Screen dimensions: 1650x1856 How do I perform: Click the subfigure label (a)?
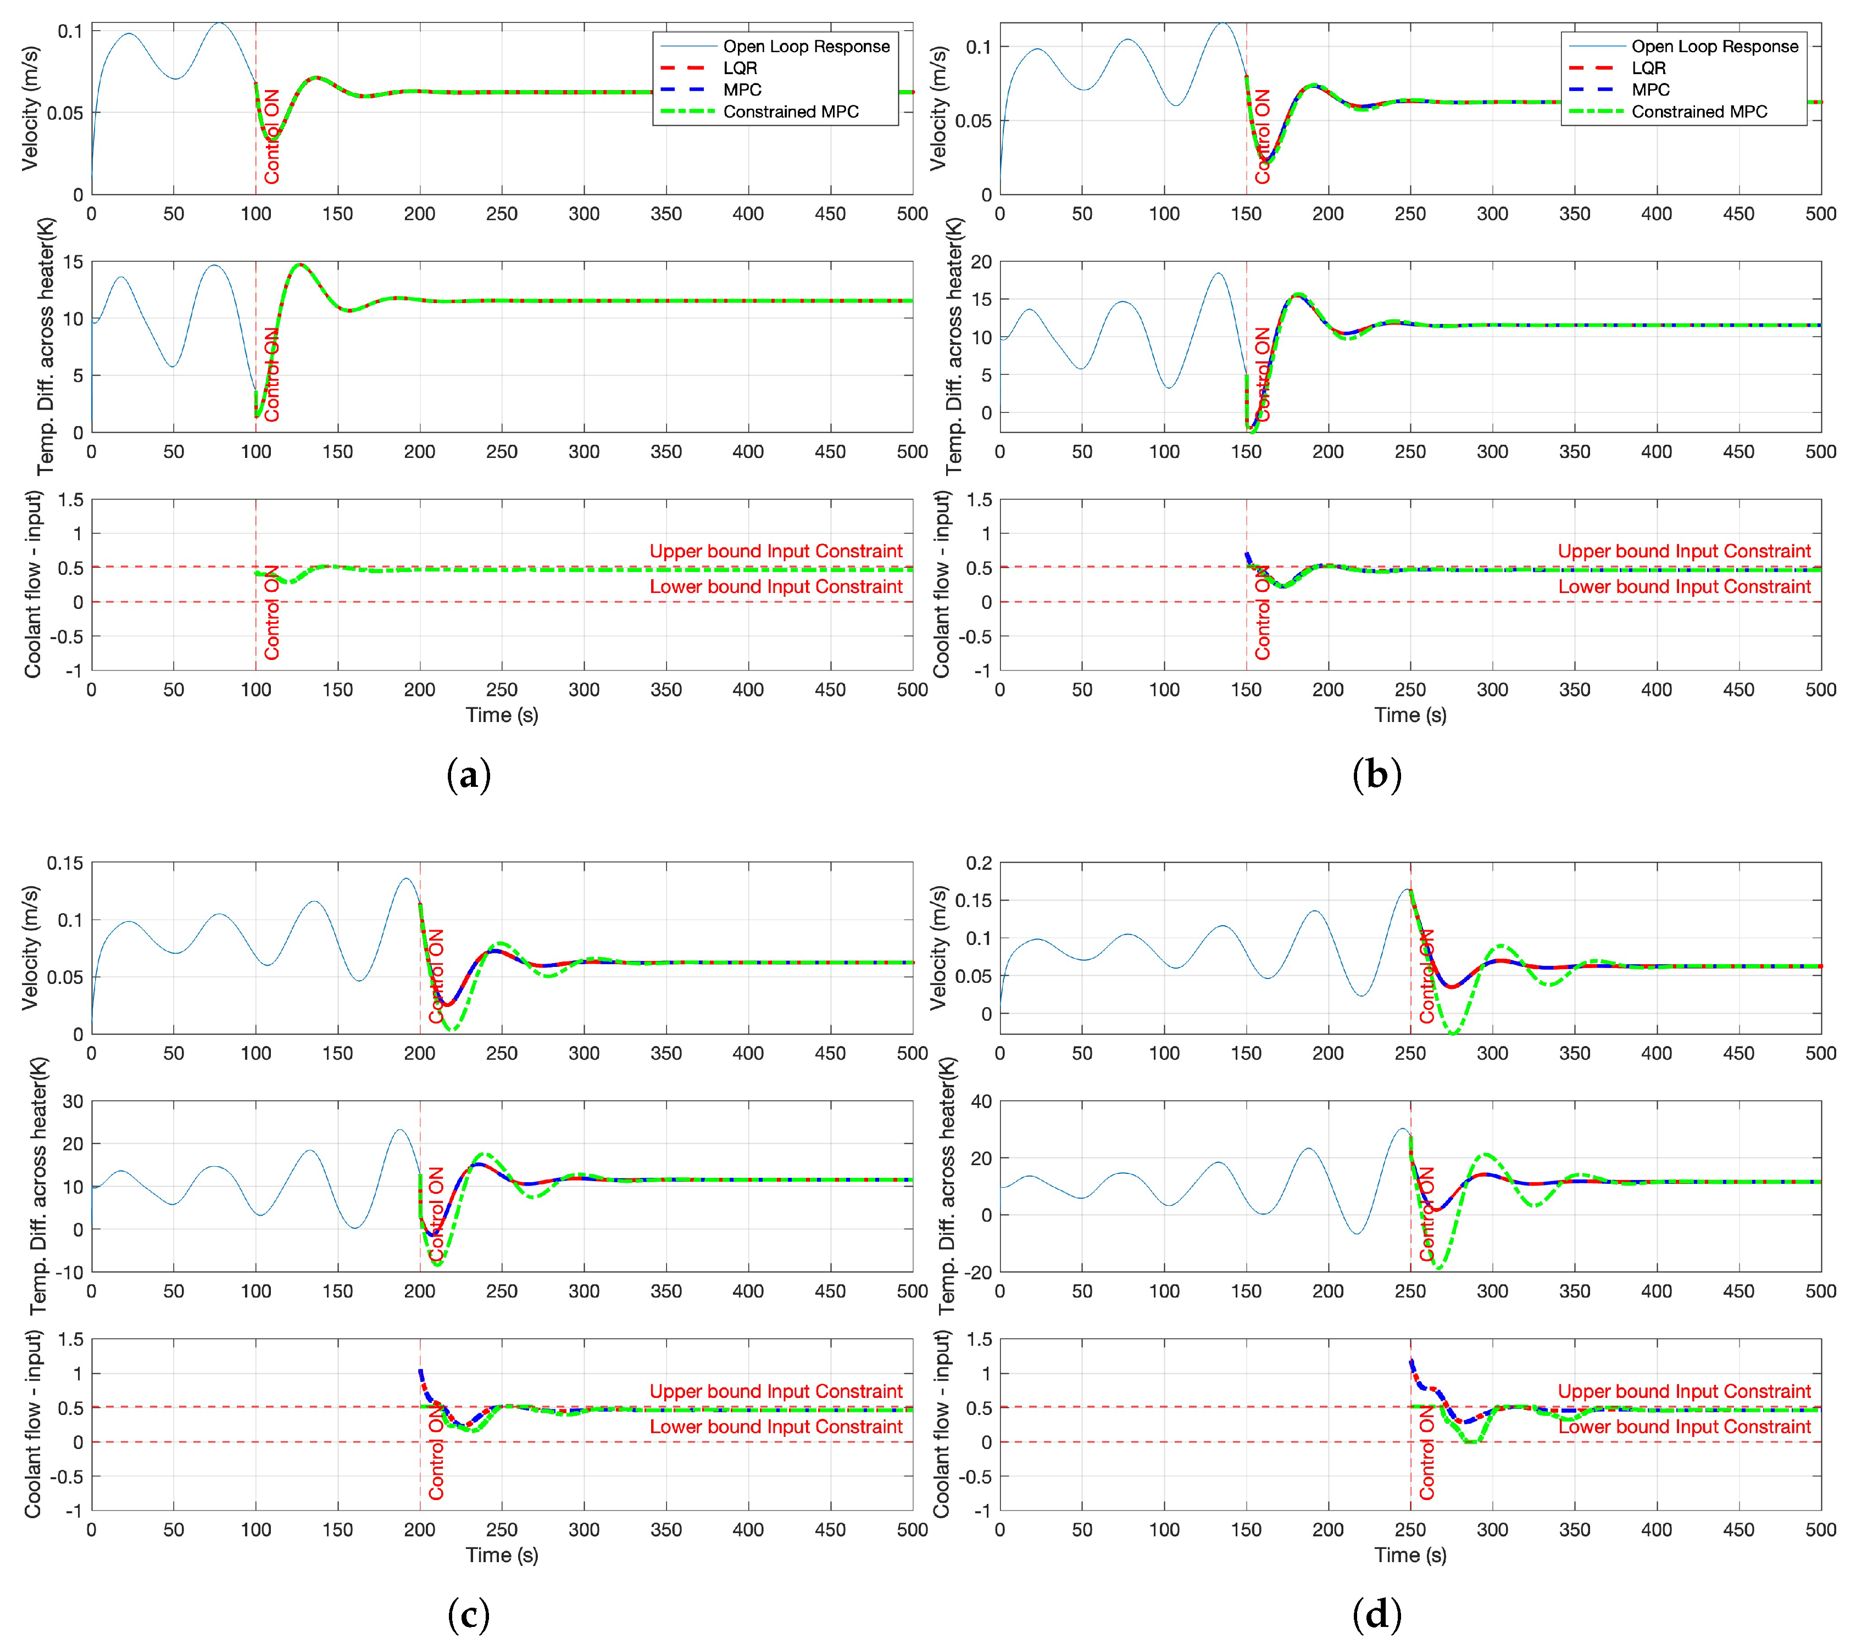(469, 776)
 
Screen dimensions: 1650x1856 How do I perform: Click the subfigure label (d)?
(1376, 1615)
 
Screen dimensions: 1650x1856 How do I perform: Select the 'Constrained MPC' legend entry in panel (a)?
(790, 111)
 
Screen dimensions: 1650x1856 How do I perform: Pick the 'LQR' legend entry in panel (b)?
(1648, 68)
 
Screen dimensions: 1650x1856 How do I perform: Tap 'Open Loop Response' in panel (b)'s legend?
(1714, 46)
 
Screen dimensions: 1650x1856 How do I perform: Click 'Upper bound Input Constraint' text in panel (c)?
(775, 1391)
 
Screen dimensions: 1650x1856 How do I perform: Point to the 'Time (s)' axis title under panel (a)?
(502, 715)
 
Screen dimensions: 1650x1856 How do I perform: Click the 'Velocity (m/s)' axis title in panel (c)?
(31, 948)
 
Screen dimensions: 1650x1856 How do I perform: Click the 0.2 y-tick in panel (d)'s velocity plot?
(979, 863)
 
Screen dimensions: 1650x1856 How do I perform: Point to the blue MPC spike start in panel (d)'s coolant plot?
(1411, 1361)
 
